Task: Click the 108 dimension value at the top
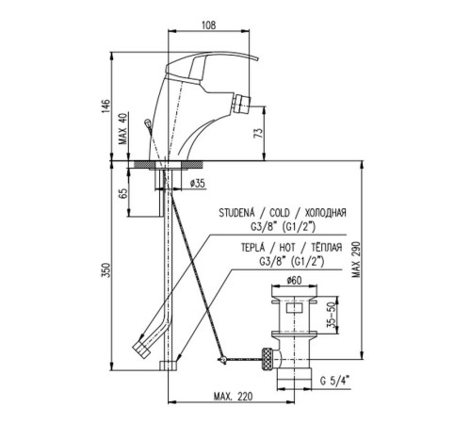coord(209,24)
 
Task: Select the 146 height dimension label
coord(106,106)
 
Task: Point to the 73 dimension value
coord(258,134)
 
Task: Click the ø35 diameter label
coord(198,183)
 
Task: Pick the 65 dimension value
coord(123,193)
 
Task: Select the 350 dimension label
coord(106,270)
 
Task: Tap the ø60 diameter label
coord(294,281)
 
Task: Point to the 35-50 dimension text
coord(331,315)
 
